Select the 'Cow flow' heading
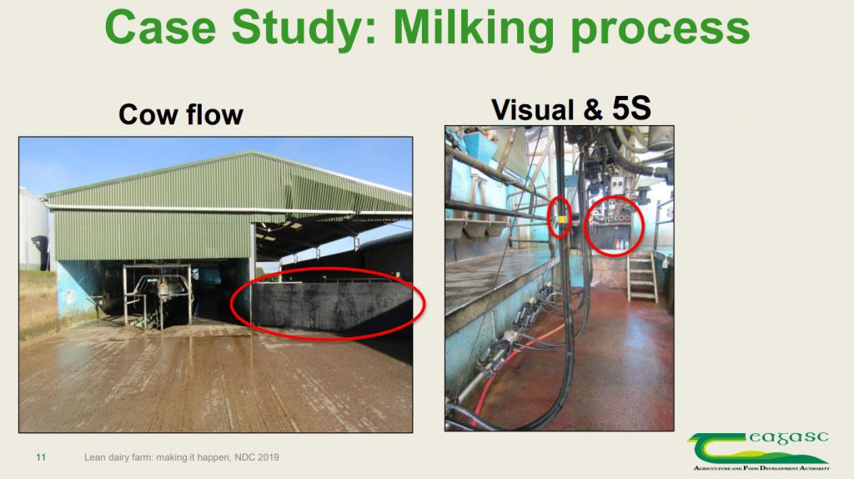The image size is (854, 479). (180, 113)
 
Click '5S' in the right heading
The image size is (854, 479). (631, 108)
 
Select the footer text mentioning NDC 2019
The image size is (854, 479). (181, 457)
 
